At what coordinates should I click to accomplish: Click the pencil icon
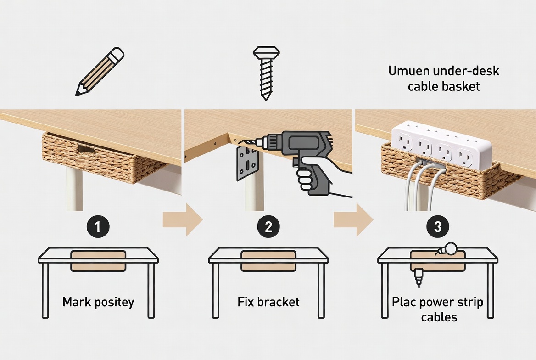[100, 72]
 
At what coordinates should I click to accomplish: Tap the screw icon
[266, 73]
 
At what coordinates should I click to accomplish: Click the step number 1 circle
[98, 226]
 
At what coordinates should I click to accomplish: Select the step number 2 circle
[268, 226]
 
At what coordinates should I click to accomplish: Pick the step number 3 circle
[438, 226]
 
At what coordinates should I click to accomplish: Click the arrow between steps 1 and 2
[183, 219]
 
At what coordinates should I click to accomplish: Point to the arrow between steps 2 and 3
[353, 219]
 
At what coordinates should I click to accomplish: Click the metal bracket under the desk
[247, 163]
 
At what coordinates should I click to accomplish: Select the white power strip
[441, 145]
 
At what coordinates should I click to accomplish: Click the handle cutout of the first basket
[87, 149]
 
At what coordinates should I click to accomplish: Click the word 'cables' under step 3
[439, 317]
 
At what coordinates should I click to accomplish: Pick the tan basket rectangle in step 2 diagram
[268, 261]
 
